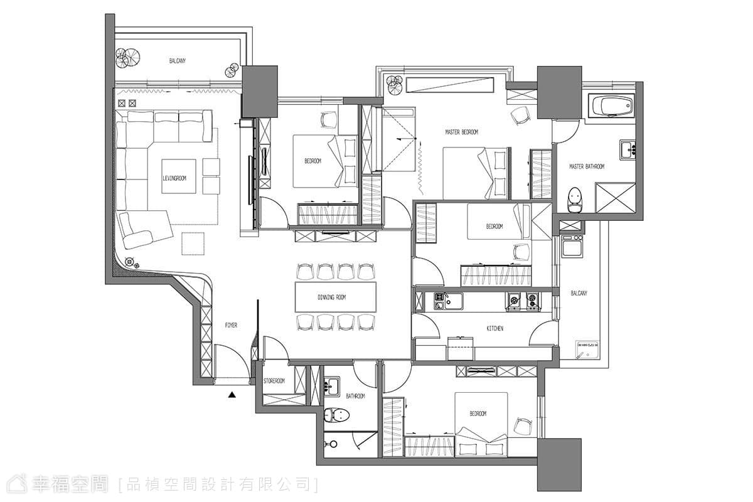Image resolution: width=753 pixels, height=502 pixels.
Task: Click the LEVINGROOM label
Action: (x=174, y=178)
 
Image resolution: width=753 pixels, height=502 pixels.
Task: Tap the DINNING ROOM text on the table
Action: (x=331, y=297)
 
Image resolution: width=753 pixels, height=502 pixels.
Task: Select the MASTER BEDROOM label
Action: (x=462, y=132)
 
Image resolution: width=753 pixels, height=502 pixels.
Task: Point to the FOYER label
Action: (x=231, y=325)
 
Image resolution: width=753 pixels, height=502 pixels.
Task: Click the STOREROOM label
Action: (x=274, y=381)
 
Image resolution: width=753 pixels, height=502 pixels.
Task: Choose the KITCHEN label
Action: (x=495, y=328)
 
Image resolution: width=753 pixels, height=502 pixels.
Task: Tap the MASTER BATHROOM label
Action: (x=587, y=166)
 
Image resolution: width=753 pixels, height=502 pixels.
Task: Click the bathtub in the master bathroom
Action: (x=611, y=105)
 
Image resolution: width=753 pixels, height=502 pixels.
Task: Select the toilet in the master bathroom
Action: (x=575, y=200)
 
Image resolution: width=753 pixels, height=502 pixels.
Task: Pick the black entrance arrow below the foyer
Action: (x=232, y=395)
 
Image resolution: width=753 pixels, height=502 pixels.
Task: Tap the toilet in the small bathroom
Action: (x=337, y=415)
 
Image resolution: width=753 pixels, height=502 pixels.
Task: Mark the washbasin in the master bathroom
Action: (x=627, y=150)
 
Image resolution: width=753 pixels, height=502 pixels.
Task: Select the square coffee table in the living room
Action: (x=178, y=176)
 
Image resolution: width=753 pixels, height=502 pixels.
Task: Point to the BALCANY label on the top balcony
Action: (x=177, y=61)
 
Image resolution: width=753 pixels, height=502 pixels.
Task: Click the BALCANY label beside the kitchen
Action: (x=579, y=293)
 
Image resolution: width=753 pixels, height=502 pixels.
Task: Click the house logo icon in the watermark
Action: (x=18, y=484)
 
